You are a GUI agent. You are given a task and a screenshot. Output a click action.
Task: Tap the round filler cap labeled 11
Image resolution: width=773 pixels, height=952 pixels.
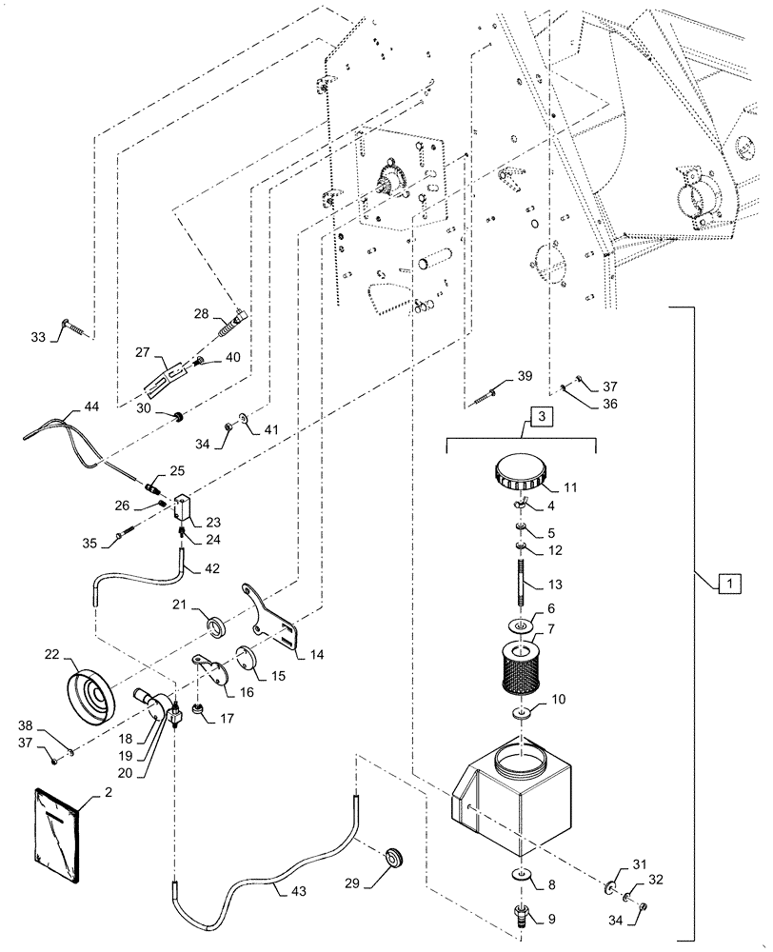pos(517,469)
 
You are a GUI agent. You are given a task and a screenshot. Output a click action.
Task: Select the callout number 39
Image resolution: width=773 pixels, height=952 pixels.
pos(524,377)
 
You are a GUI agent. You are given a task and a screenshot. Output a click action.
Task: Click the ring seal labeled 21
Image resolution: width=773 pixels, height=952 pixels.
pos(217,627)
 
